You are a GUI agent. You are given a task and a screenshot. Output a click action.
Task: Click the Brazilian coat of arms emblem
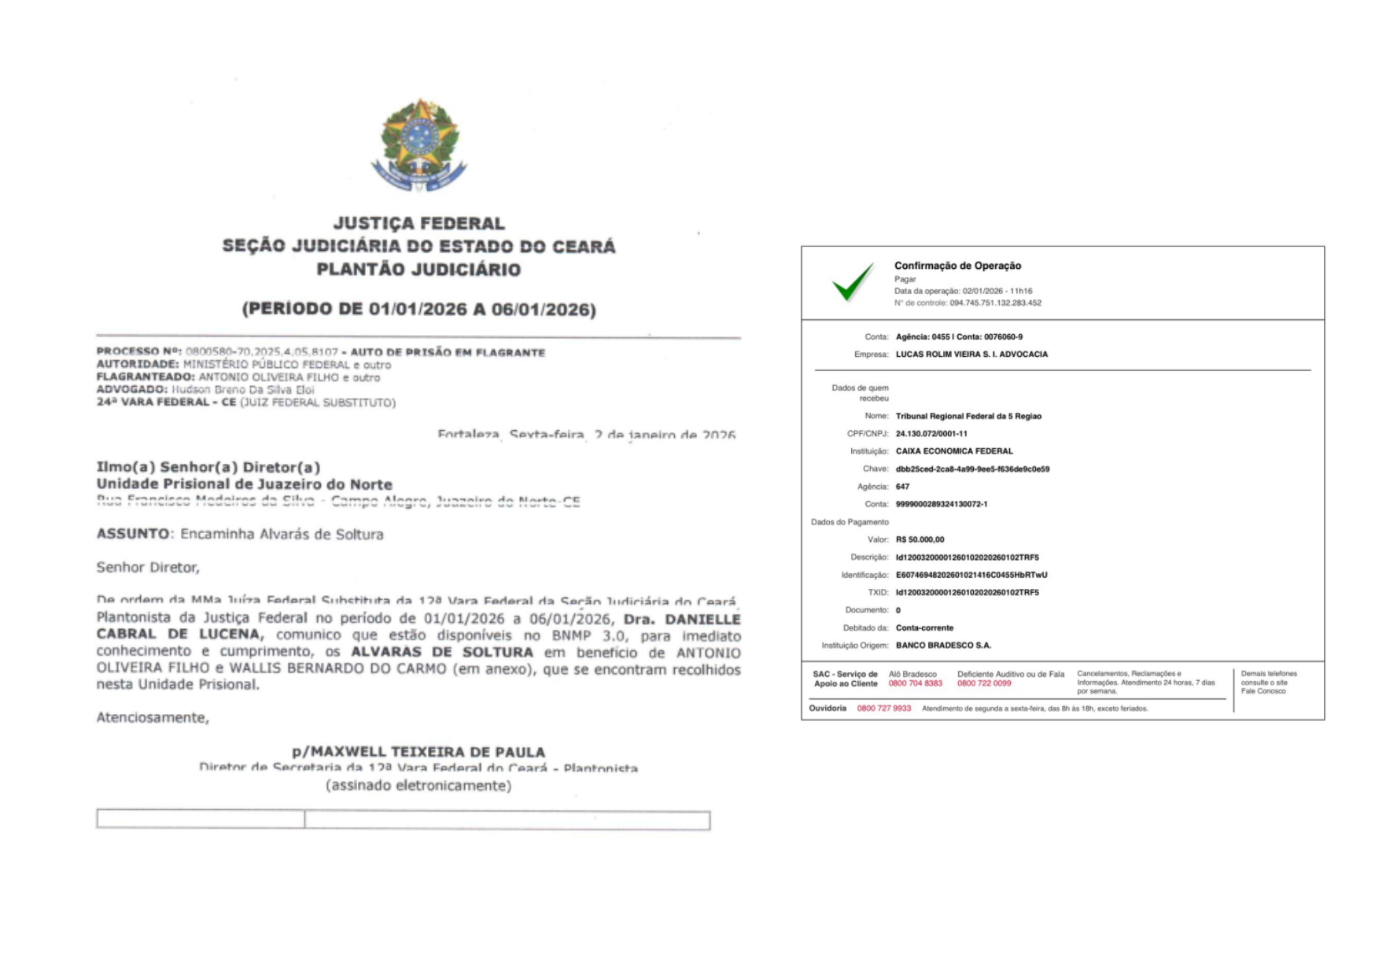coord(418,145)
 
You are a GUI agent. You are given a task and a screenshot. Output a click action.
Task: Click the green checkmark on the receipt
coord(852,281)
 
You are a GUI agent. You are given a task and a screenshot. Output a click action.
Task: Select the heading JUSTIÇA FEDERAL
coord(418,223)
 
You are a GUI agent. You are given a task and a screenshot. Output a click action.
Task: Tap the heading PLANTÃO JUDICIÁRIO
coord(418,270)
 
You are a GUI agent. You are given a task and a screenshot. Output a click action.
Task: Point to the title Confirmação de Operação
coord(957,266)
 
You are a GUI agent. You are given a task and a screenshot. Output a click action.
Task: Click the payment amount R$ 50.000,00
coord(920,539)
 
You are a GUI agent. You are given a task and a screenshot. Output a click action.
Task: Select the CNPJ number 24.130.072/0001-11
coord(931,433)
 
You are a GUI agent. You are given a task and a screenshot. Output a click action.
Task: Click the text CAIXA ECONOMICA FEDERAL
coord(954,451)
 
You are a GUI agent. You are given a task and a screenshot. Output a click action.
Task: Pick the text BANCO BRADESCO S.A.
coord(943,646)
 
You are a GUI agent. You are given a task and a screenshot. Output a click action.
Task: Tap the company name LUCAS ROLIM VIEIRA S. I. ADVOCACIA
coord(971,355)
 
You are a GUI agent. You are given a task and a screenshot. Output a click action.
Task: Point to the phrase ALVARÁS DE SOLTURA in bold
coord(441,652)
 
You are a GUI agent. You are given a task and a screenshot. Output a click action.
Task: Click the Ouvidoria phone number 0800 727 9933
coord(883,708)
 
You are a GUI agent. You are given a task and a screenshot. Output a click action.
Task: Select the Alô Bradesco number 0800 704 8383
coord(915,683)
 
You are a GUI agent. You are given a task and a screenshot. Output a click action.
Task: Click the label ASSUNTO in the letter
coord(132,534)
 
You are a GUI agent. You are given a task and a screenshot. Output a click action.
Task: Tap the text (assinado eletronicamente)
coord(418,786)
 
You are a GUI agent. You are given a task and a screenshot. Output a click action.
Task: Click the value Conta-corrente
coord(924,627)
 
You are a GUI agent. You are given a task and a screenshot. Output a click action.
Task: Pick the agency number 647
coord(902,487)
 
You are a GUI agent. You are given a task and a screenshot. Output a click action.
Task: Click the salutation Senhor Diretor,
coord(148,567)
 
